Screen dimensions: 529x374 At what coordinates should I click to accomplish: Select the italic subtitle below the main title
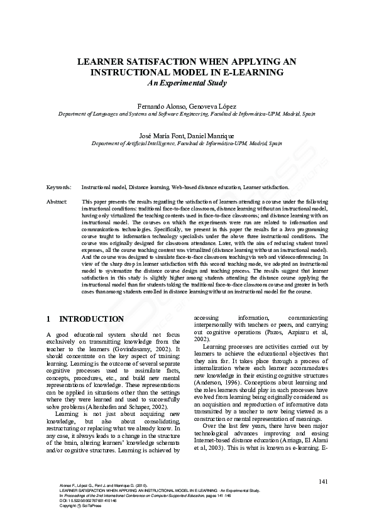[x=187, y=82]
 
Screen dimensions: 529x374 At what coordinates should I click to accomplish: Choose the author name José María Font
[x=161, y=136]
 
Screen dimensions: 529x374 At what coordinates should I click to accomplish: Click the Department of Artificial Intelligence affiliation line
[x=187, y=143]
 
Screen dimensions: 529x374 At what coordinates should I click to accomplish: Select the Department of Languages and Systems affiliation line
[x=187, y=114]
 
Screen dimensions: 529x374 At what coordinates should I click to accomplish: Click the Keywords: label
[x=58, y=187]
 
